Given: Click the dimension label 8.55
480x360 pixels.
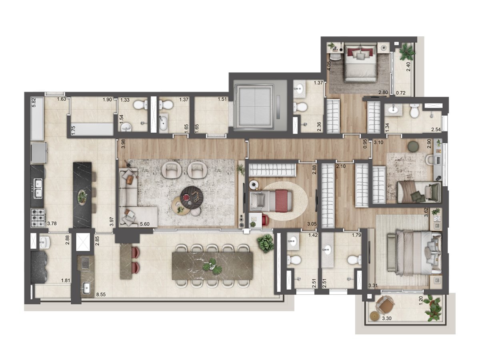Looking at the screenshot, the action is (101, 294).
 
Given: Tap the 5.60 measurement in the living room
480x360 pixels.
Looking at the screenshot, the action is (144, 224).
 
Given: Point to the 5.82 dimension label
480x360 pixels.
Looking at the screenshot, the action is (34, 103).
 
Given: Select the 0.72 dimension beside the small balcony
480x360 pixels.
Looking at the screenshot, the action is (401, 93).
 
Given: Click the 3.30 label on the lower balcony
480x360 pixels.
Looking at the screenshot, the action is (387, 318).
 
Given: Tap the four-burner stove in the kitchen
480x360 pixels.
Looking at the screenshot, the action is (38, 218).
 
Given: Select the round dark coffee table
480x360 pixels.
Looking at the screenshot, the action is (192, 197).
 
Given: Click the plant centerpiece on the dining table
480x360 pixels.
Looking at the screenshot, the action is (212, 267).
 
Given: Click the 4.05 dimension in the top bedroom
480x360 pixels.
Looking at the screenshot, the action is (329, 66).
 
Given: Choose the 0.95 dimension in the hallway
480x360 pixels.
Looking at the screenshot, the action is (365, 144).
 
